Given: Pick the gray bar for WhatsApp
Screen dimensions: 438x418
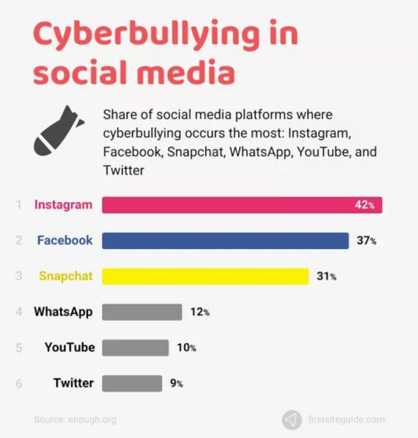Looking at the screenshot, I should click(142, 312).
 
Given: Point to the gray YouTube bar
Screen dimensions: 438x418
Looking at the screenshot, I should click(135, 347).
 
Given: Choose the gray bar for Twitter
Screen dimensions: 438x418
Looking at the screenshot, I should click(132, 383).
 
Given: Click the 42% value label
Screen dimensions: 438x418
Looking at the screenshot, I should click(365, 205).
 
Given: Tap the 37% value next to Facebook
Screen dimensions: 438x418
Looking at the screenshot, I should click(366, 241).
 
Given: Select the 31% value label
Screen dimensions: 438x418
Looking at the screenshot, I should click(326, 277).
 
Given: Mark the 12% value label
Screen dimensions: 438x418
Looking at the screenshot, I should click(200, 312).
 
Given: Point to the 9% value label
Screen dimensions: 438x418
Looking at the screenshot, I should click(176, 383).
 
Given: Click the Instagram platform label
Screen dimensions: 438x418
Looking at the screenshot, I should click(63, 205).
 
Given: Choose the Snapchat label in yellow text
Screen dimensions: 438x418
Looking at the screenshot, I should click(66, 276).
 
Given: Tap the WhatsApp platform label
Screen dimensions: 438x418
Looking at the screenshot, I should click(63, 312).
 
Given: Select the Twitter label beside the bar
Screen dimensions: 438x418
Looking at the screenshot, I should click(74, 383).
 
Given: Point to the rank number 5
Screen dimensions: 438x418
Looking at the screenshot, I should click(19, 348).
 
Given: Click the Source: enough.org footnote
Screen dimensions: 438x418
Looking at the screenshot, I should click(75, 420).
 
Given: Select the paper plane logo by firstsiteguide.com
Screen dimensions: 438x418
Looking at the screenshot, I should click(291, 420).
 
